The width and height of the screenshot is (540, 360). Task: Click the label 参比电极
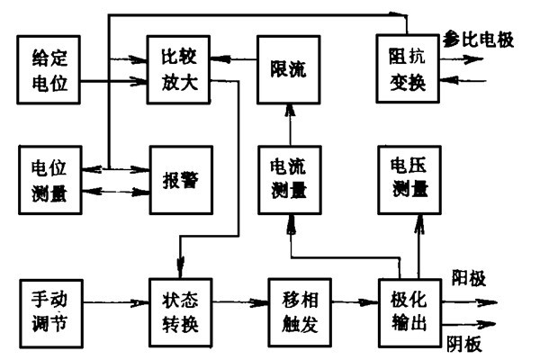click(477, 40)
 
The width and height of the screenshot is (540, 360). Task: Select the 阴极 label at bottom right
click(466, 344)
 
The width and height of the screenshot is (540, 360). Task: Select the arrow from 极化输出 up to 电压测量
click(417, 243)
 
